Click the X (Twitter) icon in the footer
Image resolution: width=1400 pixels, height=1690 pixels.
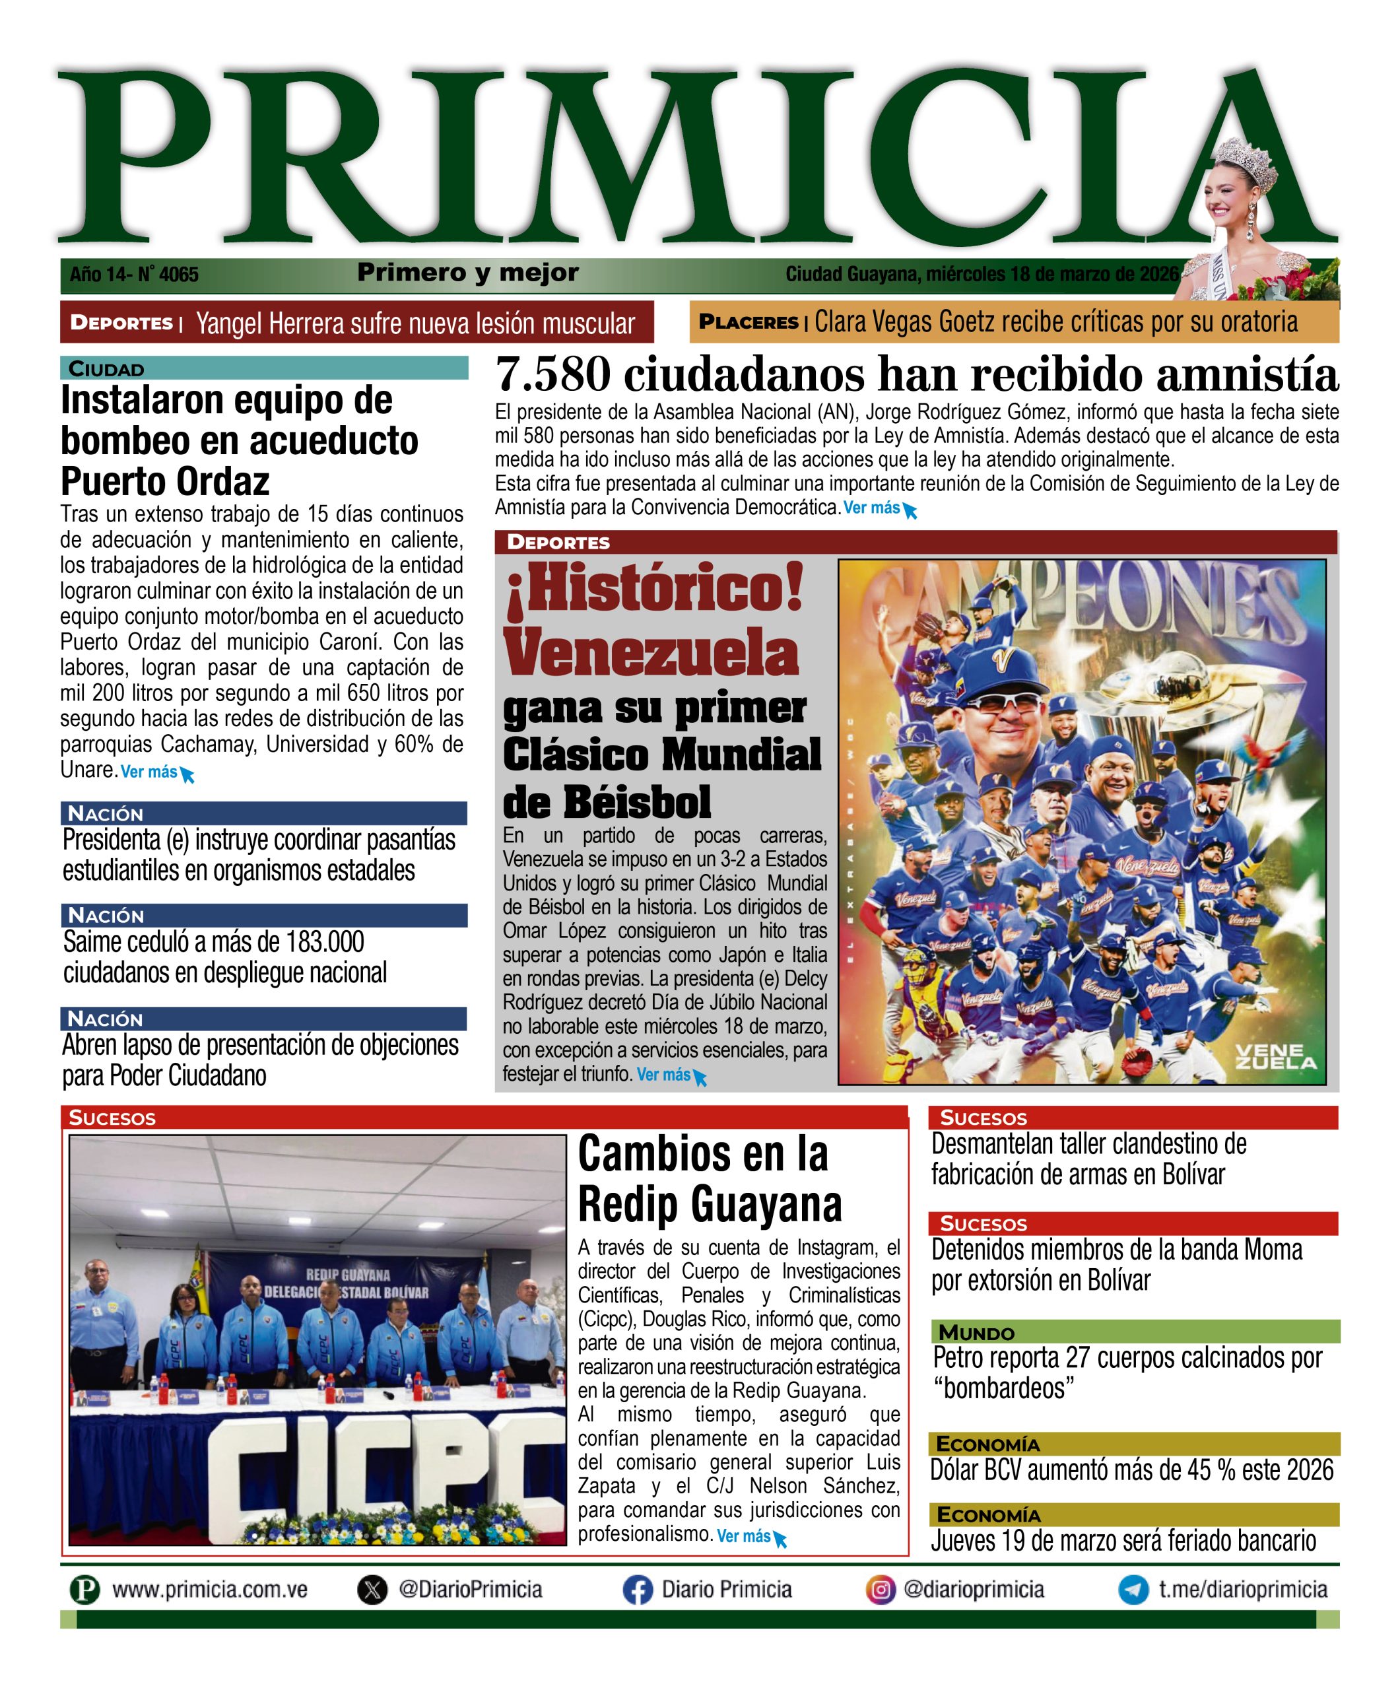point(371,1590)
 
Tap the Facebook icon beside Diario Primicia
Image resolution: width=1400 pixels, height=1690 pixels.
point(637,1590)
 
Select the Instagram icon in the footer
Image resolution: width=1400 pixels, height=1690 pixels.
point(881,1590)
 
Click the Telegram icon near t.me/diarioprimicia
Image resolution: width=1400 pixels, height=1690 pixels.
point(1134,1590)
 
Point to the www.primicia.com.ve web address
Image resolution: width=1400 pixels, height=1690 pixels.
point(209,1590)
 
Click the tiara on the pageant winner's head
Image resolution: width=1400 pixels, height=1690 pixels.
point(1242,153)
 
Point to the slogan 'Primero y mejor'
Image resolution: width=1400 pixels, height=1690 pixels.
point(467,273)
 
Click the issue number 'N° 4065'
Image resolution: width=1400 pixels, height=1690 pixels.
point(168,275)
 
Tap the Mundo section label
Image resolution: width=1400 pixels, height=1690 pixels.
point(976,1333)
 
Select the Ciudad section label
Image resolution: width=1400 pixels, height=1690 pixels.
point(106,370)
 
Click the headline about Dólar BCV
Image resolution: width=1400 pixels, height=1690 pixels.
point(1131,1470)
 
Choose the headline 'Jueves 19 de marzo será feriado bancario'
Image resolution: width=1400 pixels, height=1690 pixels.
point(1123,1540)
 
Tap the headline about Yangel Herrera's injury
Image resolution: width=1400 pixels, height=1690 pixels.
point(415,323)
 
